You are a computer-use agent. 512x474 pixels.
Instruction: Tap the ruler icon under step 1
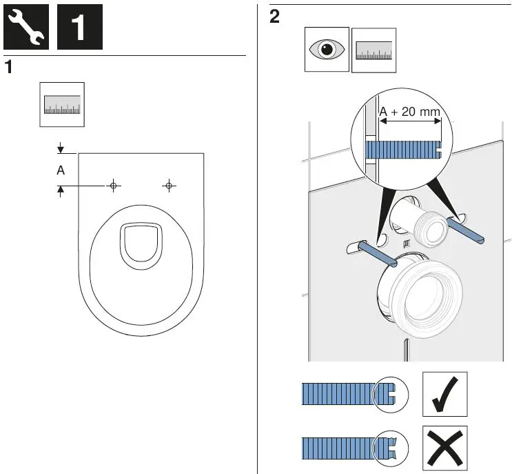(62, 105)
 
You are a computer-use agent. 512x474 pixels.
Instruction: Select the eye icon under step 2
(327, 50)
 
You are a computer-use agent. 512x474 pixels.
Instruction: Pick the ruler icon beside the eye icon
(373, 50)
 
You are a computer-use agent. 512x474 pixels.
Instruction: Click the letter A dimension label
(61, 171)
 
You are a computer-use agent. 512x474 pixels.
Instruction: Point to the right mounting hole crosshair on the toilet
(169, 186)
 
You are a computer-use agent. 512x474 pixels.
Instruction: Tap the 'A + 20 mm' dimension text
(410, 112)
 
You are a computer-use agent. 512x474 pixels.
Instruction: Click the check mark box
(444, 394)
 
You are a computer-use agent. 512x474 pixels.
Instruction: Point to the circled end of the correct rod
(389, 394)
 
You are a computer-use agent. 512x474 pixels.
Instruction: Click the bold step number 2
(275, 18)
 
